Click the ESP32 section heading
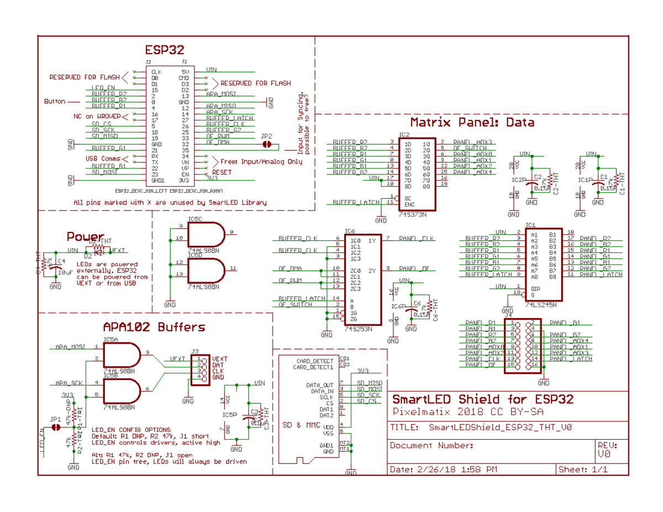(164, 50)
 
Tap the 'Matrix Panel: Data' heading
(472, 122)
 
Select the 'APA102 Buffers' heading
(154, 327)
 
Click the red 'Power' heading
(85, 237)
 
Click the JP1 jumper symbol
(55, 427)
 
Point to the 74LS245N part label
(541, 304)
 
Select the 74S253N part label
(358, 329)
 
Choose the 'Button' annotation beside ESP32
(54, 102)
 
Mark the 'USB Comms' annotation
(103, 159)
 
